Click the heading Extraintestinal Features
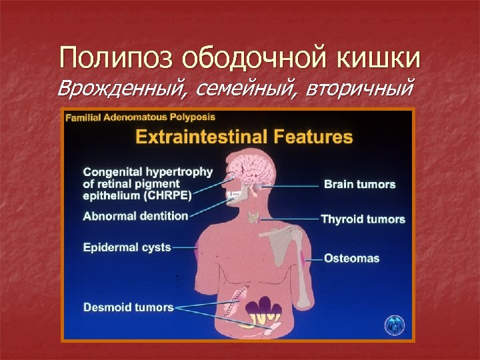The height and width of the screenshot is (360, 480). point(243,137)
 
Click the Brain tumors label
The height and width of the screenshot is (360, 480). point(359,184)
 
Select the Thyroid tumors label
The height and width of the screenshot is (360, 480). point(363,219)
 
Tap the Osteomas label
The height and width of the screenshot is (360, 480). point(351,258)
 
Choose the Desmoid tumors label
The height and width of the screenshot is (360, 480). point(128,307)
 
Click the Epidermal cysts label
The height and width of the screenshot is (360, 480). point(127,247)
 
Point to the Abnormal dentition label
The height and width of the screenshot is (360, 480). point(135,216)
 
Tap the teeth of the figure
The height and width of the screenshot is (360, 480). point(234,197)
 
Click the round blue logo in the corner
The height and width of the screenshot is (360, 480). point(394,325)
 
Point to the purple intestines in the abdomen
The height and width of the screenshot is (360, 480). point(263,309)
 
